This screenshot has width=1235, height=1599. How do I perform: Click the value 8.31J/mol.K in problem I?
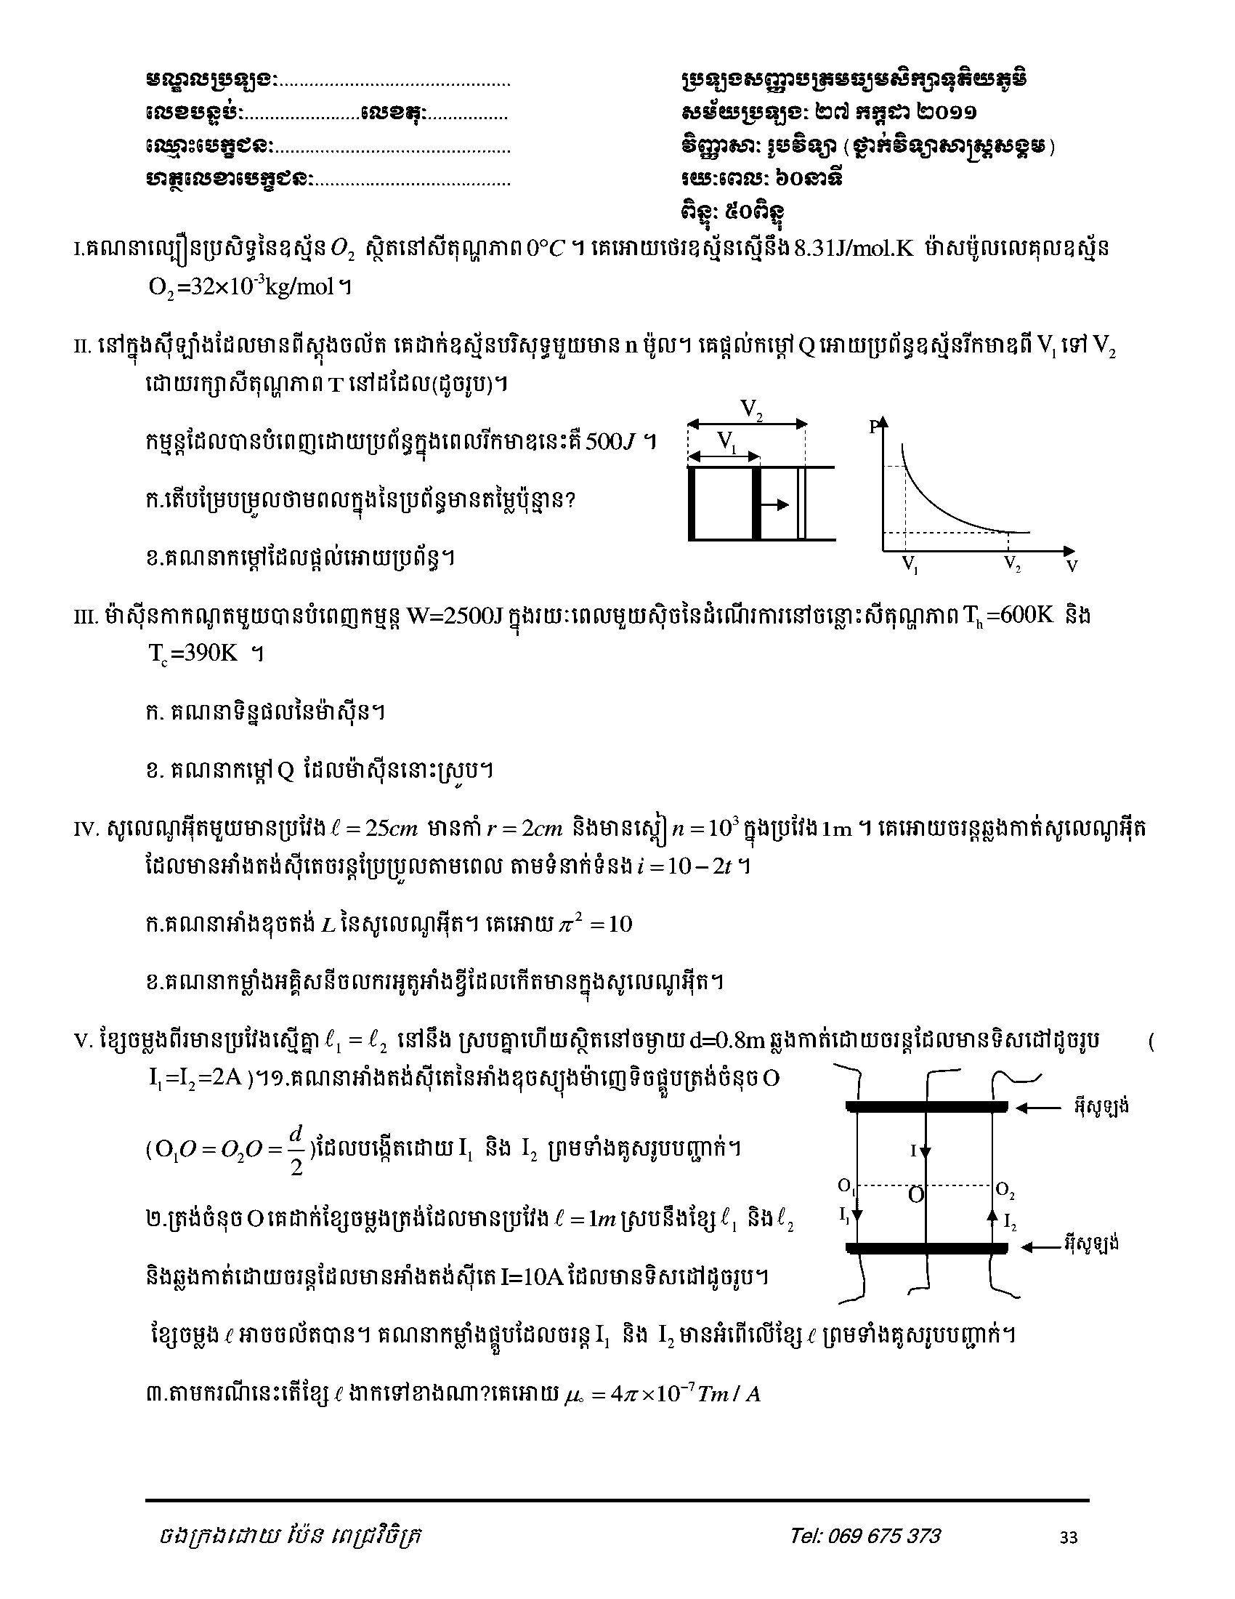(x=854, y=249)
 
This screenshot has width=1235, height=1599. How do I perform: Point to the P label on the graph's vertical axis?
(x=873, y=427)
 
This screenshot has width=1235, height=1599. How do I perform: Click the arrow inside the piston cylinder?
(x=776, y=504)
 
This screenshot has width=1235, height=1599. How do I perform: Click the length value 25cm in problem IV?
(x=390, y=829)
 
